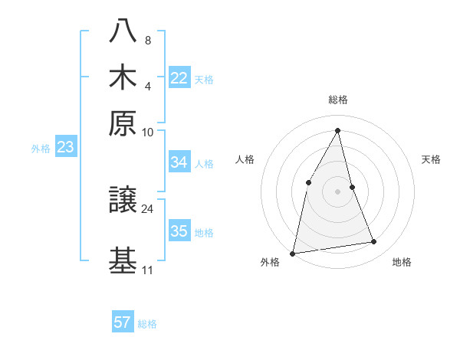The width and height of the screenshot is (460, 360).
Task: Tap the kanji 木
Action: pos(123,78)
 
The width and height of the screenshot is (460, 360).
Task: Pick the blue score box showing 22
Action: pos(179,78)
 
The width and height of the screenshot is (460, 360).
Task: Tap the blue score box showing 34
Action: pos(179,162)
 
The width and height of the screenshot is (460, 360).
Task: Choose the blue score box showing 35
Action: pos(179,232)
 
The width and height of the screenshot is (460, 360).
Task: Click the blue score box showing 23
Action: pos(65,148)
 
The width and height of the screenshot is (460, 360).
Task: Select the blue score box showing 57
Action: pos(123,322)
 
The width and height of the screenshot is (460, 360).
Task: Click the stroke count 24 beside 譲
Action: pos(148,208)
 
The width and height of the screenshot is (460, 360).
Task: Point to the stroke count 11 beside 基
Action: pos(147,270)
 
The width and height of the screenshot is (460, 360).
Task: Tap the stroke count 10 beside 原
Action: pos(148,132)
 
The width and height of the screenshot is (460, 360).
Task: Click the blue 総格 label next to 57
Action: pos(147,324)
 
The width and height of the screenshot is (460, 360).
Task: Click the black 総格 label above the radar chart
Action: pos(337,100)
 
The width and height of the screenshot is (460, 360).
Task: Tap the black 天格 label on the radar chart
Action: pos(432,159)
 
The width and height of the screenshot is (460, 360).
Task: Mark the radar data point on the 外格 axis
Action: pos(293,253)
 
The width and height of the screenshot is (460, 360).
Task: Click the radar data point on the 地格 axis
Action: pos(374,242)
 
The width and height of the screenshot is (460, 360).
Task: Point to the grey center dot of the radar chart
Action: pos(337,191)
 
